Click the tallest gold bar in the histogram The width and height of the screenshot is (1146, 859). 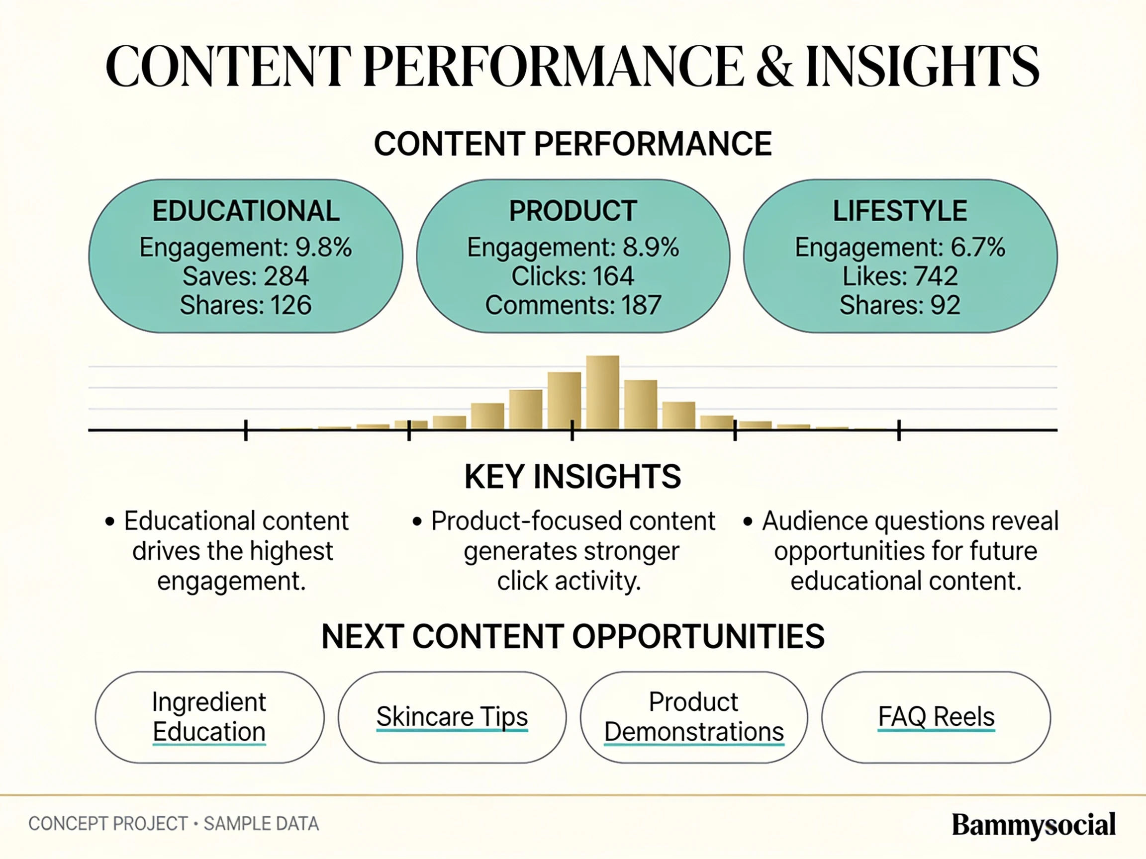(x=602, y=393)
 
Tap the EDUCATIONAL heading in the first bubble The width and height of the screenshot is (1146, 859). (x=246, y=211)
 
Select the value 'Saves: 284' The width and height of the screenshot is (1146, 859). (x=246, y=276)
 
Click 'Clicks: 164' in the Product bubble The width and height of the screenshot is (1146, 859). (x=573, y=276)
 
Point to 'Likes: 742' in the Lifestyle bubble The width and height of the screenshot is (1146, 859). (x=900, y=276)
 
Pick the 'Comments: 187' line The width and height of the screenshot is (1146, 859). (x=573, y=305)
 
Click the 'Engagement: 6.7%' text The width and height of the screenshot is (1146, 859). (x=900, y=247)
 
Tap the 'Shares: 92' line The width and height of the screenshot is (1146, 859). (x=900, y=305)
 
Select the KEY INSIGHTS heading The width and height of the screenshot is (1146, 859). (x=573, y=476)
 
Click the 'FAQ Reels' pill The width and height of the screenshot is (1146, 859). (x=936, y=717)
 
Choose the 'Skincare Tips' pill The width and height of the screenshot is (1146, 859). (x=452, y=717)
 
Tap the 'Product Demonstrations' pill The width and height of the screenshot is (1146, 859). (x=694, y=717)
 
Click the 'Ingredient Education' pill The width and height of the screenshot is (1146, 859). (x=209, y=717)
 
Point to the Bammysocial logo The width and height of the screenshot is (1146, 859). (x=1034, y=825)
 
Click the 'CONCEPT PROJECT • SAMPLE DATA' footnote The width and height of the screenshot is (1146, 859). (x=174, y=823)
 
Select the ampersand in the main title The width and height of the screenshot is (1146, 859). (x=774, y=66)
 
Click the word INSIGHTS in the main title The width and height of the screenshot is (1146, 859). (x=922, y=66)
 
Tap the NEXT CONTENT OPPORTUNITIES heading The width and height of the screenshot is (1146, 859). (x=573, y=636)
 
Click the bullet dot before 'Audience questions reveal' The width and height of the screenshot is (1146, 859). (x=747, y=521)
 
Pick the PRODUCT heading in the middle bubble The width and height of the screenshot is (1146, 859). (x=573, y=211)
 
